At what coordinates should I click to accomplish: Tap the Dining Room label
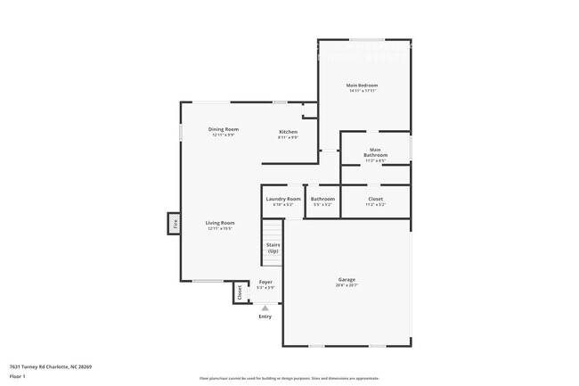[x=223, y=129]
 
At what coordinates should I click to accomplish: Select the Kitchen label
[x=288, y=132]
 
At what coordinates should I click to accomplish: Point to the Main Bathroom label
[x=375, y=152]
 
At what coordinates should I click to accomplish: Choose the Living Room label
[x=220, y=222]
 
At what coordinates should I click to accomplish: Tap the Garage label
[x=347, y=279]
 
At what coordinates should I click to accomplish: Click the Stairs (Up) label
[x=273, y=247]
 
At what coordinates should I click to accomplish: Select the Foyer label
[x=265, y=282]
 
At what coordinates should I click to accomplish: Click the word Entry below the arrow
[x=265, y=316]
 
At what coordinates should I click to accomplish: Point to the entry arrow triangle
[x=265, y=308]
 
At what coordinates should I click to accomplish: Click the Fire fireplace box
[x=175, y=224]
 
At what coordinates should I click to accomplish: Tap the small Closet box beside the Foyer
[x=240, y=292]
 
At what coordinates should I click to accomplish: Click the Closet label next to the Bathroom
[x=375, y=199]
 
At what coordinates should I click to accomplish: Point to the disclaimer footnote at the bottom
[x=289, y=379]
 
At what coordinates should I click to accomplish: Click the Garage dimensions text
[x=347, y=285]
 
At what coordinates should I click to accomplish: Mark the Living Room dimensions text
[x=220, y=228]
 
